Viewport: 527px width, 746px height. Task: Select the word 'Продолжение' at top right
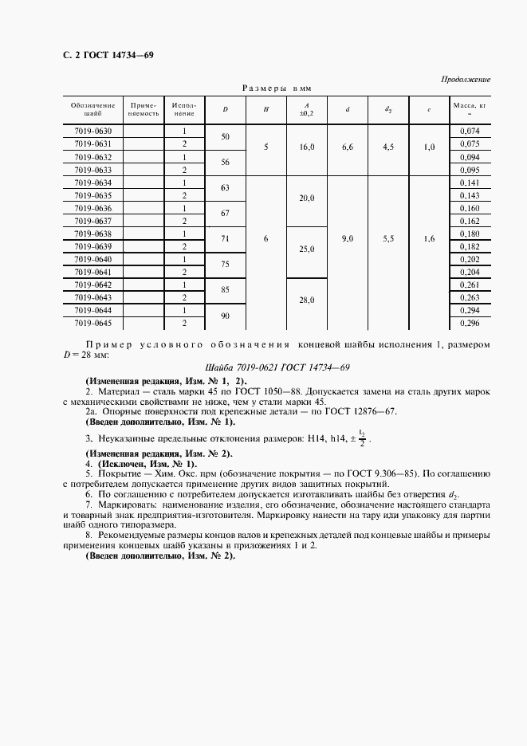tap(465, 80)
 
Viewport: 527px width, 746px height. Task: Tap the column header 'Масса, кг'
tap(469, 109)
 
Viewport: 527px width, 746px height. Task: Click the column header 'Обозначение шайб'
tap(92, 109)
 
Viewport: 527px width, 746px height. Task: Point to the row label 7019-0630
tap(92, 131)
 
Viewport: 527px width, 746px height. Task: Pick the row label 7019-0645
tap(92, 324)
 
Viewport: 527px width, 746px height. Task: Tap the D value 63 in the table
tap(225, 188)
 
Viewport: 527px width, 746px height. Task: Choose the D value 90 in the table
tap(225, 316)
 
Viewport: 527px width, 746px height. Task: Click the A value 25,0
tap(307, 249)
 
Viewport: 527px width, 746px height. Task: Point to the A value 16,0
tap(307, 147)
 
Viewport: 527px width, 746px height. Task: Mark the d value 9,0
tap(348, 238)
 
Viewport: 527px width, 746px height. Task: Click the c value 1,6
tap(429, 238)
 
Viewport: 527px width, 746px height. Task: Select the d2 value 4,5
tap(388, 147)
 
